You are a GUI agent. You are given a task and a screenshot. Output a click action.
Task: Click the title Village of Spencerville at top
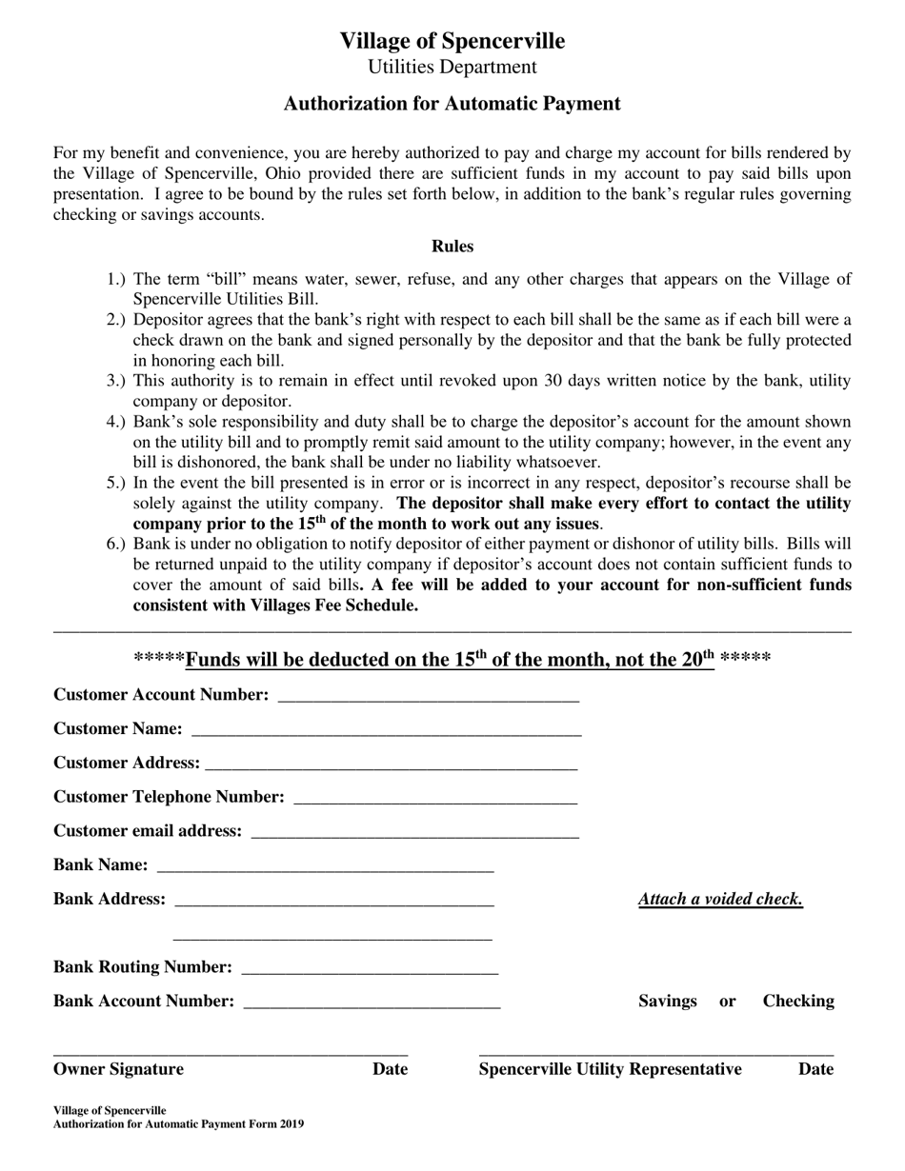coord(452,41)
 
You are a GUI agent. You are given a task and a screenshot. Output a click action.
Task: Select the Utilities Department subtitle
coord(452,67)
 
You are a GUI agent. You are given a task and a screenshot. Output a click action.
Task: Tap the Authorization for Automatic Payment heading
coord(452,104)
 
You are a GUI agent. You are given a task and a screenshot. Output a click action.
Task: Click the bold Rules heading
coord(452,247)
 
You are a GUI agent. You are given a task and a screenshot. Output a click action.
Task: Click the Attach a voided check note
coord(720,900)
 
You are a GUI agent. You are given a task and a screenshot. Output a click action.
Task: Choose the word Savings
coord(667,1002)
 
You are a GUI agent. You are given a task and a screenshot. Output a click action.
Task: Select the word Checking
coord(798,1002)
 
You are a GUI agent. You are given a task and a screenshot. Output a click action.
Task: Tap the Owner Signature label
coord(118,1069)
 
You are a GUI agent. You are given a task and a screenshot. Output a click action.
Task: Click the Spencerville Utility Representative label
coord(610,1069)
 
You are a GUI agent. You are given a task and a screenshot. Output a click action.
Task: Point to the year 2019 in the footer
coord(292,1124)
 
